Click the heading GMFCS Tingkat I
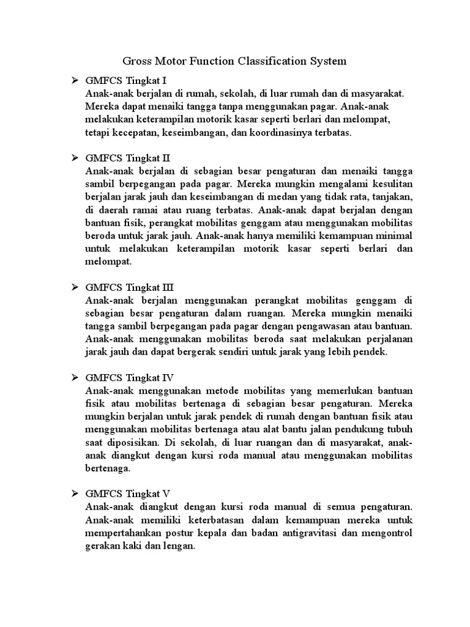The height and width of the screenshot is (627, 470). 126,80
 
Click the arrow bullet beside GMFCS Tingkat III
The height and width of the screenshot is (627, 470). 75,287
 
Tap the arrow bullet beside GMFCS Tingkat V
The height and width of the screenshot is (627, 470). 75,493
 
